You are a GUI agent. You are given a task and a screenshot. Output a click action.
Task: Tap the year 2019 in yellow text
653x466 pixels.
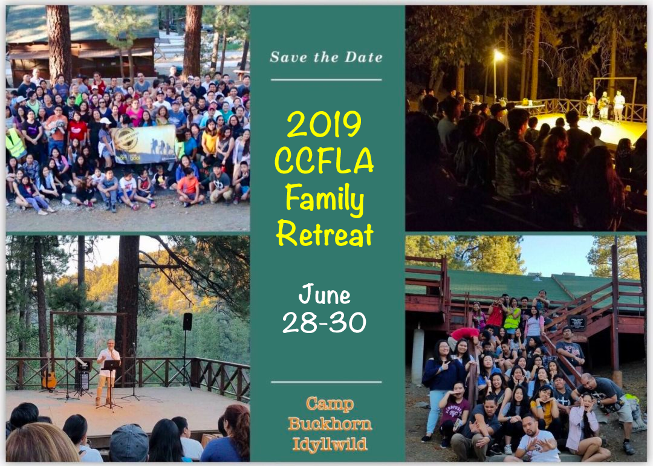click(324, 124)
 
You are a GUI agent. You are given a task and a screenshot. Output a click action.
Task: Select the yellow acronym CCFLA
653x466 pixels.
click(324, 161)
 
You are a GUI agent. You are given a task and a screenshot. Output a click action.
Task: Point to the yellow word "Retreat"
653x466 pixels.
click(325, 235)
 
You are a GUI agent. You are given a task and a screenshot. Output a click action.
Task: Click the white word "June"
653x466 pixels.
click(325, 295)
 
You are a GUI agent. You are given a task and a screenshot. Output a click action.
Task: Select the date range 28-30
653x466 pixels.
click(325, 323)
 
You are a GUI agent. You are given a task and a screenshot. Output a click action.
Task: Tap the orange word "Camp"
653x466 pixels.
click(330, 404)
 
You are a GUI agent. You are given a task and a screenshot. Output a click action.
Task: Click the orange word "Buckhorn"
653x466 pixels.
click(330, 424)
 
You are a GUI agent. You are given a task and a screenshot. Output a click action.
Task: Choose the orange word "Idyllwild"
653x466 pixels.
click(330, 444)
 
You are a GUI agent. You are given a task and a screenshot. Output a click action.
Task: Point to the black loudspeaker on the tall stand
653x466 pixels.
click(187, 322)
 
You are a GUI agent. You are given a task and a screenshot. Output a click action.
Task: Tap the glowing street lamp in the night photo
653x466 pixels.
click(498, 54)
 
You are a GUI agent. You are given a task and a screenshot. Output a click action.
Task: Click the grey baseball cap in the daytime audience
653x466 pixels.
click(129, 442)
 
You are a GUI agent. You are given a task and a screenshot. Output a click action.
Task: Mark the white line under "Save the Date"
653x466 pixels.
click(326, 80)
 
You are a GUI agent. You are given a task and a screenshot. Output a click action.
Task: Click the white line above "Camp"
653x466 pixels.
click(326, 382)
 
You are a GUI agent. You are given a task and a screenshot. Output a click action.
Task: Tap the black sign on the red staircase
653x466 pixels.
click(577, 323)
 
